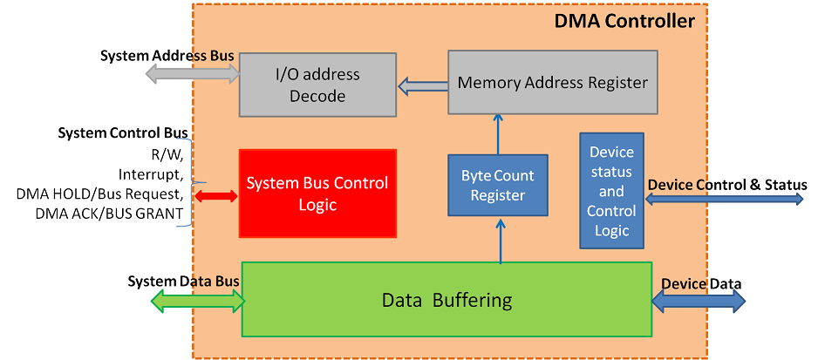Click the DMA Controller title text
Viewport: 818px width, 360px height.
coord(624,21)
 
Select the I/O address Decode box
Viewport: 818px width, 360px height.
coord(317,85)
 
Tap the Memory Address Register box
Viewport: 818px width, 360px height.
coord(553,83)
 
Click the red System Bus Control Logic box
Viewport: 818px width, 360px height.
coord(317,194)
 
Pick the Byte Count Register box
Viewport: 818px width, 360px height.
coord(497,185)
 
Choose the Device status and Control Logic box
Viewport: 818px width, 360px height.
coord(611,190)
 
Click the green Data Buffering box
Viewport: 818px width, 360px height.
coord(446,299)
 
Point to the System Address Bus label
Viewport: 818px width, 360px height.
coord(167,56)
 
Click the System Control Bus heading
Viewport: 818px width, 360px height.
coord(122,132)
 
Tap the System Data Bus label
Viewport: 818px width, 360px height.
coord(183,281)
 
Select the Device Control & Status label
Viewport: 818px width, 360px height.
coord(726,185)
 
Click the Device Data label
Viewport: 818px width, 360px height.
coord(701,283)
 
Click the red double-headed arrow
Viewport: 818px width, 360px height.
coord(215,196)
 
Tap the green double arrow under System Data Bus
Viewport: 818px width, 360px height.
coord(197,301)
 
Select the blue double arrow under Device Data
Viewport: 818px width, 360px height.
coord(699,301)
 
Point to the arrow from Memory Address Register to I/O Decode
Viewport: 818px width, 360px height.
coord(422,85)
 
